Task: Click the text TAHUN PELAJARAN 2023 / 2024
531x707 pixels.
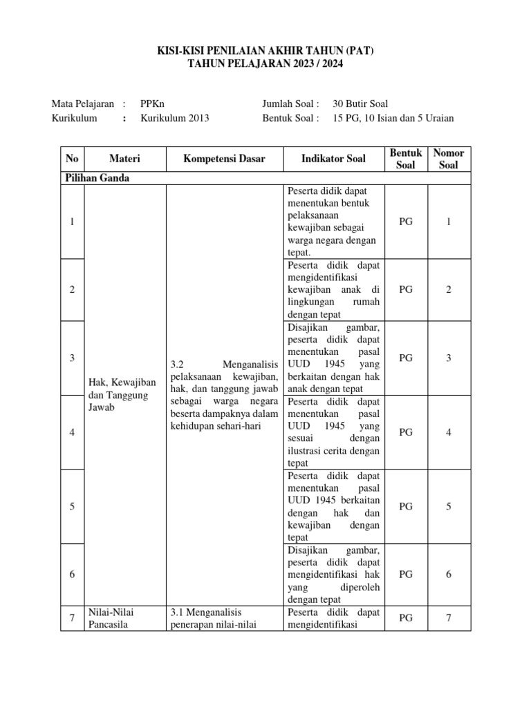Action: [x=265, y=64]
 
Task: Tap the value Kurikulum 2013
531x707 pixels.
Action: [x=175, y=117]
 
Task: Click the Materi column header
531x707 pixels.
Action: [x=124, y=159]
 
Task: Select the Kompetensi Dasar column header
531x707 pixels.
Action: [x=224, y=159]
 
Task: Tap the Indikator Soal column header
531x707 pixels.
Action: [x=333, y=159]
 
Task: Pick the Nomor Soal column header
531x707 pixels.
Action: [x=448, y=159]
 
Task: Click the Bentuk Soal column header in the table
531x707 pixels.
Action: [x=406, y=159]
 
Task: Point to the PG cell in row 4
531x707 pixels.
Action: [x=406, y=432]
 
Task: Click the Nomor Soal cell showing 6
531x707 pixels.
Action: [x=448, y=574]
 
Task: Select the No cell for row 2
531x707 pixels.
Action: [x=72, y=290]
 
